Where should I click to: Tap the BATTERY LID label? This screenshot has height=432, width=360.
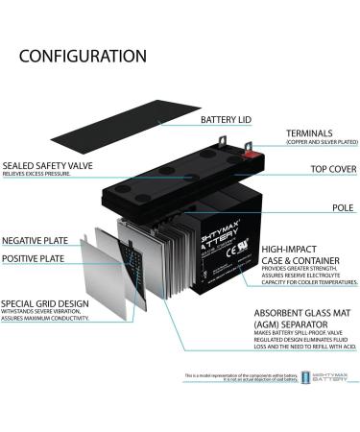tap(228, 120)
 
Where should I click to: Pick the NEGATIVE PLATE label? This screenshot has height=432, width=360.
tap(36, 239)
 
